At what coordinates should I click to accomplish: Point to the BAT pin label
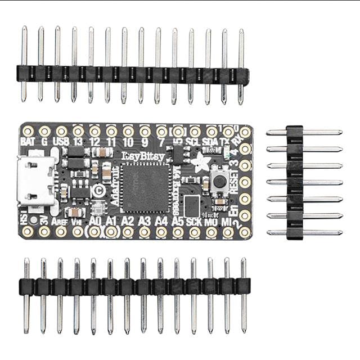click(28, 142)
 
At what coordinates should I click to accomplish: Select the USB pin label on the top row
click(61, 142)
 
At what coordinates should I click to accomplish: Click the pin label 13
click(78, 142)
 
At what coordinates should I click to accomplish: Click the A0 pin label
click(95, 221)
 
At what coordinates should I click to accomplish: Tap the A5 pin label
click(178, 221)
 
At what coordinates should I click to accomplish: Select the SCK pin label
click(194, 221)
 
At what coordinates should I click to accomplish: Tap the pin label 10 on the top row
click(128, 142)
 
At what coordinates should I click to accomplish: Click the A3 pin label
click(145, 221)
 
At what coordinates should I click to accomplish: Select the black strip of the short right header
click(295, 182)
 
